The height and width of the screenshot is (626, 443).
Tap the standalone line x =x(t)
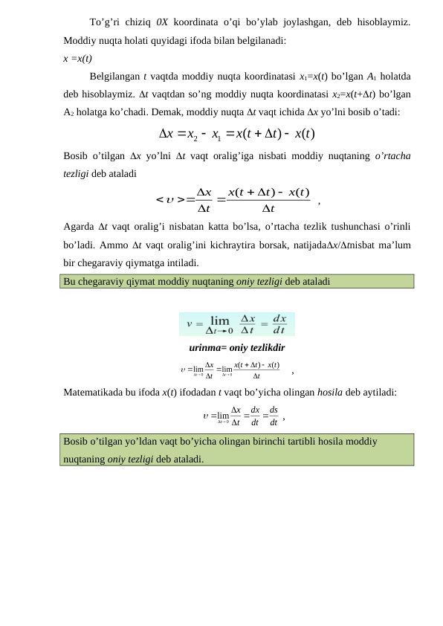78,58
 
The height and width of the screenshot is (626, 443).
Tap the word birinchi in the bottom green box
278,441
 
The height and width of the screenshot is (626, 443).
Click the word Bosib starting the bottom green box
77,441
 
